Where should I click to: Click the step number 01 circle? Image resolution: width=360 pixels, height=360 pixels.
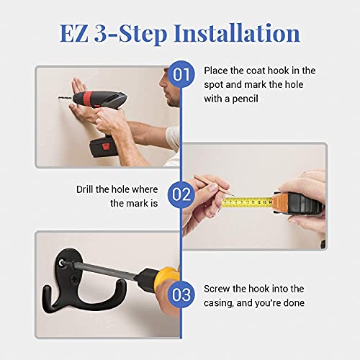[x=181, y=74]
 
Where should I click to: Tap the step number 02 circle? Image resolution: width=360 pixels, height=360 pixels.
[x=181, y=194]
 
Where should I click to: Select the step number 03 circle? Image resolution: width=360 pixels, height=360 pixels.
[x=181, y=294]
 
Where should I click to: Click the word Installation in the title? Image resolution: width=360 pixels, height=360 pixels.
[x=237, y=33]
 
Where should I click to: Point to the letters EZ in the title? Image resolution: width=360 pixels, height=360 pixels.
[x=73, y=33]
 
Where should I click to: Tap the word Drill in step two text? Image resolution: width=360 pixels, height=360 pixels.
[x=85, y=189]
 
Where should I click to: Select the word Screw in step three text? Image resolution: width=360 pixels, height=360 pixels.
[x=217, y=289]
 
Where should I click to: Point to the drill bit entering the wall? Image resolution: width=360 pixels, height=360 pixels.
[x=65, y=98]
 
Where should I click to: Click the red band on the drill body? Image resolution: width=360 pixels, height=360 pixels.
[x=88, y=99]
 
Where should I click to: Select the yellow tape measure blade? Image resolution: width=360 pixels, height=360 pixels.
[x=248, y=202]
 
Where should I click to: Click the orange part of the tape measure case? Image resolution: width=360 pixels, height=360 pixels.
[x=280, y=204]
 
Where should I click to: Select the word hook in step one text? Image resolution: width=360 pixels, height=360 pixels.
[x=278, y=71]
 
